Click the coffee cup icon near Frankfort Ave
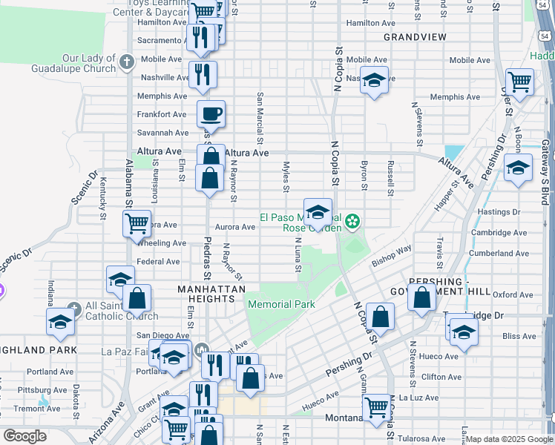point(211,114)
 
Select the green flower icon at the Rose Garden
point(353,220)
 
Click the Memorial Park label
point(281,304)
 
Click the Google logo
point(24,435)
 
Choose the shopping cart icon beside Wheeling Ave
point(137,222)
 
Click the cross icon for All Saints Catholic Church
point(73,308)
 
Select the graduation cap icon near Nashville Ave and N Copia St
point(375,79)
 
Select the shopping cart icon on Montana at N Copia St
point(376,406)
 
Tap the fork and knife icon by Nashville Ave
point(202,73)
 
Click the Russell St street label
point(390,178)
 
